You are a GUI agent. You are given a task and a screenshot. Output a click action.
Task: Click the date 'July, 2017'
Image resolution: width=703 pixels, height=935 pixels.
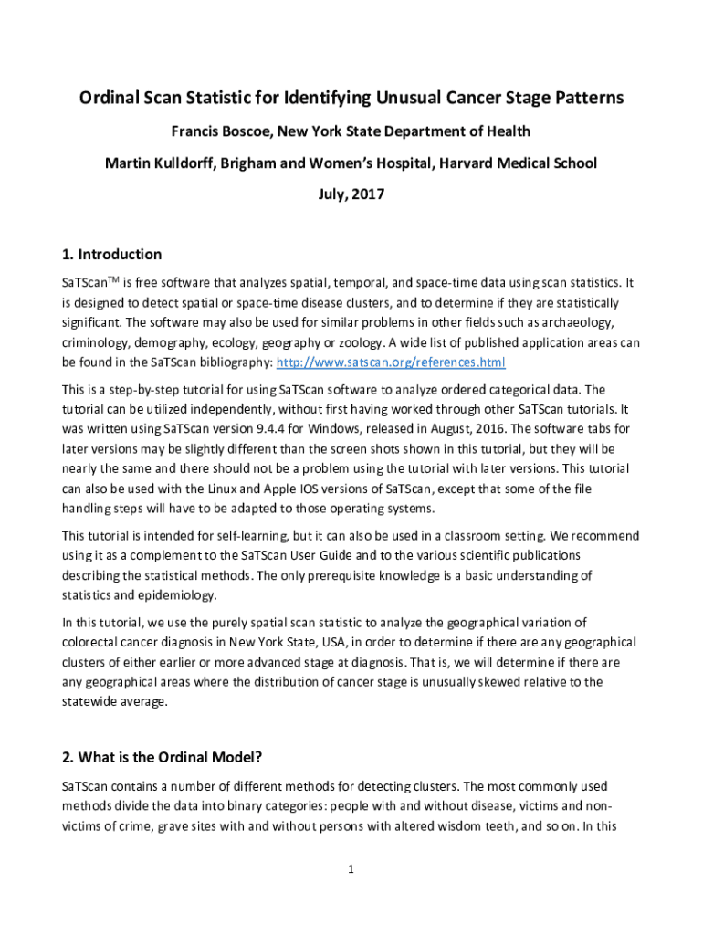coord(351,194)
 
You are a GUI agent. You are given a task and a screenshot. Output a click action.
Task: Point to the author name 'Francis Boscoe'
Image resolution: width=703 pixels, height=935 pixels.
coord(221,131)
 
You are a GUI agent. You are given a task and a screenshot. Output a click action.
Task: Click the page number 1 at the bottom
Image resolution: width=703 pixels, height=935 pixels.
coord(351,868)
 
